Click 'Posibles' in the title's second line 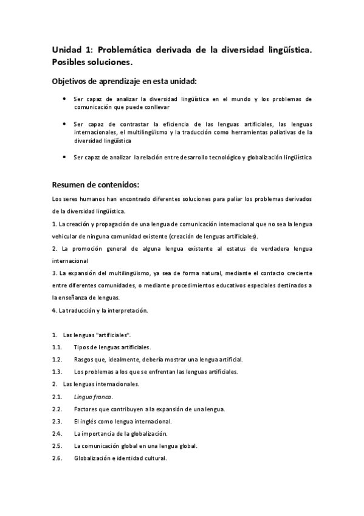71,62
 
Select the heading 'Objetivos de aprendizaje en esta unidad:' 124,81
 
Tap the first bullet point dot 65,99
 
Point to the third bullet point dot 65,158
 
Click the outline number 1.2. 58,360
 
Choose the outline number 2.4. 58,434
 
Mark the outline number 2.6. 58,458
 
